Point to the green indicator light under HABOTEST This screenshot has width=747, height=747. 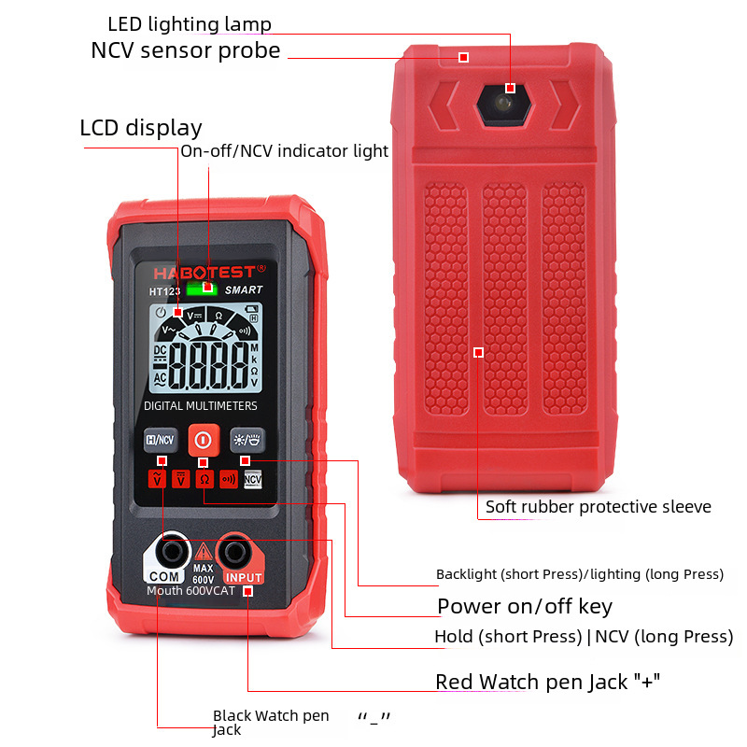pyautogui.click(x=196, y=289)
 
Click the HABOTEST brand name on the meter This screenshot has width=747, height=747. pyautogui.click(x=204, y=271)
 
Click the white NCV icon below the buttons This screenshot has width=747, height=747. pyautogui.click(x=253, y=479)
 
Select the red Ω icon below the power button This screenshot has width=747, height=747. pyautogui.click(x=204, y=479)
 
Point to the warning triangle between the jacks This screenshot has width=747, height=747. pyautogui.click(x=202, y=552)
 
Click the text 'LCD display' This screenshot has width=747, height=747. pyautogui.click(x=141, y=128)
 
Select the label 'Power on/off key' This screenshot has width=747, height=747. pyautogui.click(x=525, y=606)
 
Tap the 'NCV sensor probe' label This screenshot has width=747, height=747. pyautogui.click(x=185, y=50)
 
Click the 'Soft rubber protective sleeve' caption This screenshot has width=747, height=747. pyautogui.click(x=598, y=507)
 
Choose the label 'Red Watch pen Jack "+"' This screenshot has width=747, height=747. pyautogui.click(x=548, y=682)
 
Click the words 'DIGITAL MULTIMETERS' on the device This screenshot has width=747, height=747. pyautogui.click(x=201, y=406)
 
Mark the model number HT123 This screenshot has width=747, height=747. pyautogui.click(x=164, y=290)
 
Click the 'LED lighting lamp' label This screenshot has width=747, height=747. pyautogui.click(x=190, y=23)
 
